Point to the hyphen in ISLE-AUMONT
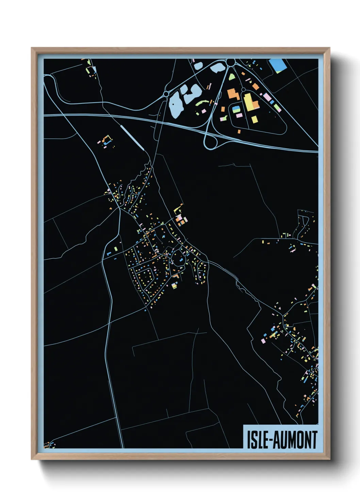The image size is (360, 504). point(271,440)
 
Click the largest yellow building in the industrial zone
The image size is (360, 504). point(250,101)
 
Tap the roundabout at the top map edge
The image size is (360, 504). point(231,62)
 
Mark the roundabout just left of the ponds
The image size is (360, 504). point(166,93)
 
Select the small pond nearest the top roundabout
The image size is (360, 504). point(216,68)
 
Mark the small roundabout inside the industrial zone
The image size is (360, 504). point(243,90)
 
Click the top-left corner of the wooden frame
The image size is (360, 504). point(32,48)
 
